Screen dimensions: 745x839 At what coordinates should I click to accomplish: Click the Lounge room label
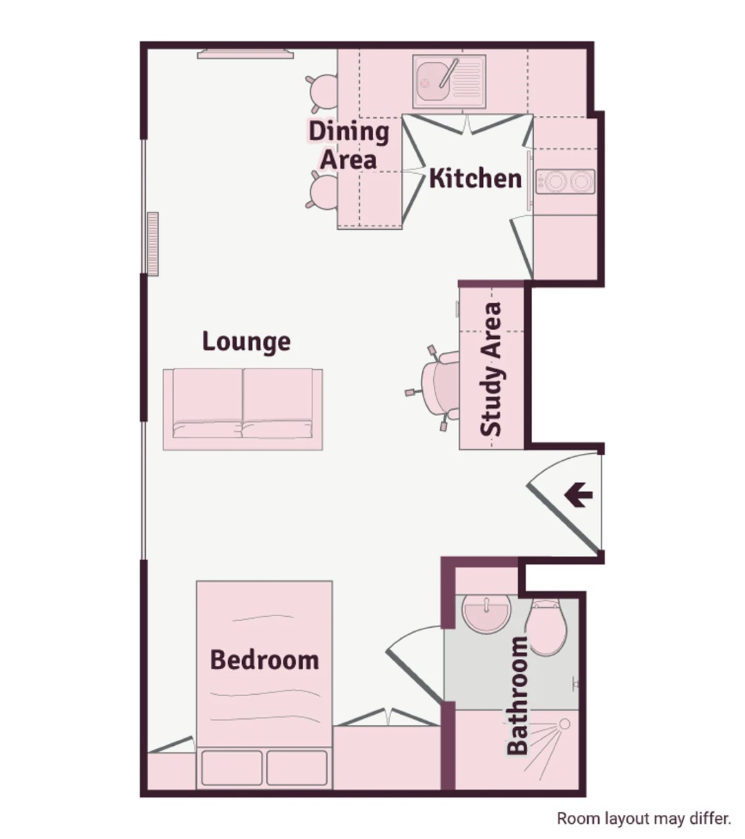246,342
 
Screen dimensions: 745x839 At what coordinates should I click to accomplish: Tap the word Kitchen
475,179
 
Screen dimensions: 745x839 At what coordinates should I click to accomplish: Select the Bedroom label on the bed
265,660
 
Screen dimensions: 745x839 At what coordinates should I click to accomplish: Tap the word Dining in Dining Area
348,132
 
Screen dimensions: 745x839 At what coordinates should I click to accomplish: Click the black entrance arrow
578,495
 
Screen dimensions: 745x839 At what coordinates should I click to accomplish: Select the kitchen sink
449,81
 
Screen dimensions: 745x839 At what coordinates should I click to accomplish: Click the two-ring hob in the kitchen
565,181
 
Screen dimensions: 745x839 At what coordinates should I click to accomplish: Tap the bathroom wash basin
486,613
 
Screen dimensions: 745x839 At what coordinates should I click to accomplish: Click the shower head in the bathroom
564,724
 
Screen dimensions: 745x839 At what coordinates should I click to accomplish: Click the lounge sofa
243,409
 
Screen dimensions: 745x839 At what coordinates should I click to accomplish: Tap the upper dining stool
323,92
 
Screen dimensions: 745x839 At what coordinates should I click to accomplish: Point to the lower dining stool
323,190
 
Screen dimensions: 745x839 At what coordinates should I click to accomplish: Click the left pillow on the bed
232,768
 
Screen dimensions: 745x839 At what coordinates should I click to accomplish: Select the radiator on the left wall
153,244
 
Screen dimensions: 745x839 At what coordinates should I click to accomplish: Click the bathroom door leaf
414,678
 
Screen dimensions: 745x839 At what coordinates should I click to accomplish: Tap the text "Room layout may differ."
644,818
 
